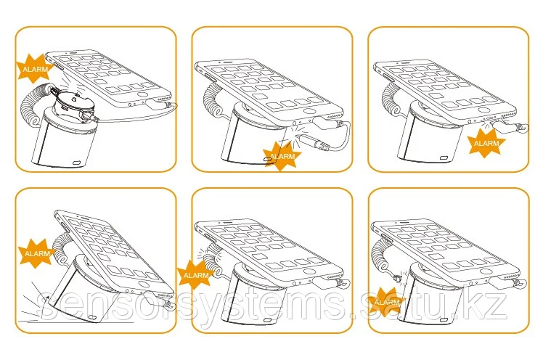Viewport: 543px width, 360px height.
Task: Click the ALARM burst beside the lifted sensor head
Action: tap(34, 68)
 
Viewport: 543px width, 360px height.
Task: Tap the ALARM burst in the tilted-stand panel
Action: tap(36, 253)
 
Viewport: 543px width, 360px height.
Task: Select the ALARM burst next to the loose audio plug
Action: tap(281, 156)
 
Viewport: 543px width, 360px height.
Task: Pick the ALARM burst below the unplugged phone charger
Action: tap(486, 142)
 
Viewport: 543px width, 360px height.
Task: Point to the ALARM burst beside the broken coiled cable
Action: tap(195, 275)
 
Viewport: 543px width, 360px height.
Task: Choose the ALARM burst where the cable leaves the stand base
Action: tap(387, 302)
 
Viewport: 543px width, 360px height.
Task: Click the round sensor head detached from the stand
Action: tap(73, 102)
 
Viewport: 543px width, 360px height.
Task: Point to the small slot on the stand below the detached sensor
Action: tap(77, 163)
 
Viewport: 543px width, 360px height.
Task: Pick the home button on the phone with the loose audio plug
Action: tap(310, 111)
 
